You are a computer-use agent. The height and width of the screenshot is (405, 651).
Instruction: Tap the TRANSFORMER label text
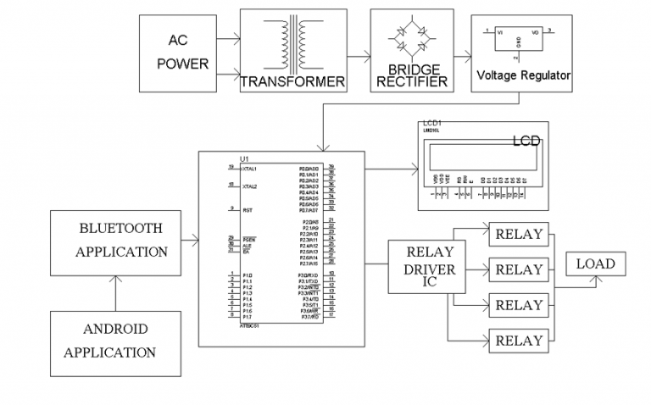tap(293, 82)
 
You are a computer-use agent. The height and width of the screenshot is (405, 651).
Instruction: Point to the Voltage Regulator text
tap(523, 75)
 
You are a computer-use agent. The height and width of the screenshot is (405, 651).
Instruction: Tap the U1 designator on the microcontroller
tap(245, 159)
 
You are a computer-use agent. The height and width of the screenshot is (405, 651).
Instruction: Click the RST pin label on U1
tap(247, 208)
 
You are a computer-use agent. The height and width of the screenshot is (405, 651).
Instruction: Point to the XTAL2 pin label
tap(249, 186)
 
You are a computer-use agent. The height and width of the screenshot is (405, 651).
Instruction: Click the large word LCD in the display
tap(526, 142)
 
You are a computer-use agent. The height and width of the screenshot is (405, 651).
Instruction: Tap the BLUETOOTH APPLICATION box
tap(121, 240)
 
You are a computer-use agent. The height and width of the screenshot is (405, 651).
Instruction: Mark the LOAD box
tap(595, 264)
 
